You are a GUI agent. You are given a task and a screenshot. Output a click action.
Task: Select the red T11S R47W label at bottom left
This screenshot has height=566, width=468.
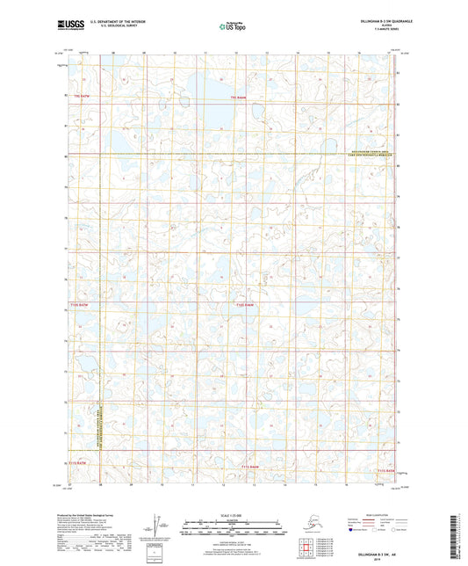click(x=77, y=461)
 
